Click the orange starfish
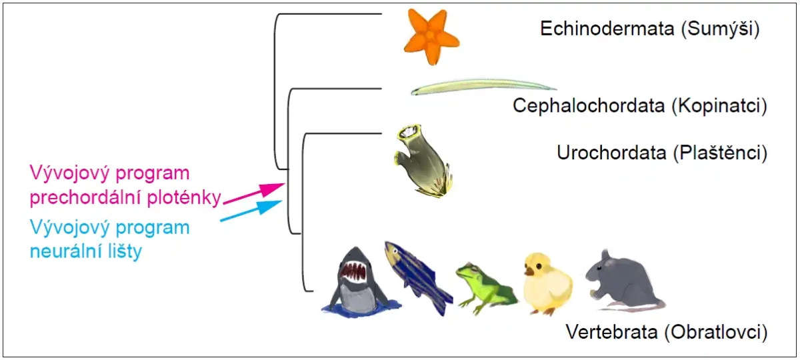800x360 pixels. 433,37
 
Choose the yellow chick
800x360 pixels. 547,283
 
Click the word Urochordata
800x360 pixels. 611,153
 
